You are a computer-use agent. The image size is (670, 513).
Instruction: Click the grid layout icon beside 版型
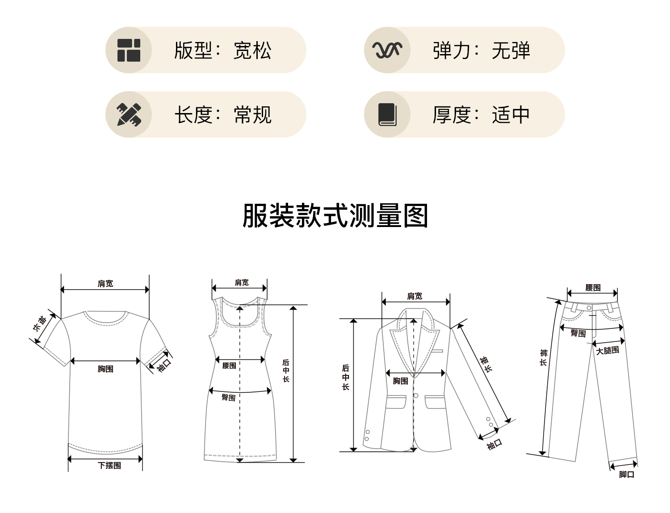(129, 50)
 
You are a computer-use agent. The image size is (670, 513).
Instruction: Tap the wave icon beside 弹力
(387, 50)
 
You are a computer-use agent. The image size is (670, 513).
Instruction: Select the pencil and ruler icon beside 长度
(129, 114)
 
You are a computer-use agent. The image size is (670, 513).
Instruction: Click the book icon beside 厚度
(387, 114)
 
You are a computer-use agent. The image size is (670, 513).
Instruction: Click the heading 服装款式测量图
(335, 216)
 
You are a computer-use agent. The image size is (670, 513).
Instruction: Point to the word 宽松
(252, 50)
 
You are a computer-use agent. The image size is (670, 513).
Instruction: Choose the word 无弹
(511, 50)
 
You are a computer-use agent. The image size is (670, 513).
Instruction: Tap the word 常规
(252, 115)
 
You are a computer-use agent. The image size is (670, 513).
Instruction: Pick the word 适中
(511, 115)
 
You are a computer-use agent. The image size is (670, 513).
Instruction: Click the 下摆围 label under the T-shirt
(109, 466)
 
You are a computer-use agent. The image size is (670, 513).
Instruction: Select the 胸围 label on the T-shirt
(105, 369)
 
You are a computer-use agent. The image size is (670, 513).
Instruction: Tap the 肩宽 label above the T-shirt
(105, 284)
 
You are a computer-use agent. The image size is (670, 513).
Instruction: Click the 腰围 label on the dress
(229, 366)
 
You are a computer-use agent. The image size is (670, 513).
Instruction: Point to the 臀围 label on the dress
(229, 397)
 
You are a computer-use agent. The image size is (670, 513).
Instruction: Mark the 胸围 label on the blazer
(401, 381)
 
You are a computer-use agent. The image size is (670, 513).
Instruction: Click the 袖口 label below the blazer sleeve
(494, 444)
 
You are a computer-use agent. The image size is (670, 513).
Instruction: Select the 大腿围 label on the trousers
(607, 351)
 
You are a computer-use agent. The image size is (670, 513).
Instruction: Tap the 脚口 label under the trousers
(627, 475)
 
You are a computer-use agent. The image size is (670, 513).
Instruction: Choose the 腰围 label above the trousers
(593, 288)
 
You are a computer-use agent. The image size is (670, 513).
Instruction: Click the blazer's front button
(416, 395)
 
